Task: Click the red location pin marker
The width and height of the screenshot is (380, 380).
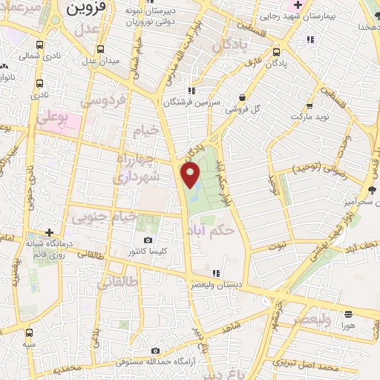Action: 191,175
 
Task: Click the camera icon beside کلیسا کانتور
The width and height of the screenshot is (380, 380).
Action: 148,240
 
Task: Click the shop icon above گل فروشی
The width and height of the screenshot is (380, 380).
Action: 243,96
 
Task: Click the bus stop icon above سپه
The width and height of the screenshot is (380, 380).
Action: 29,332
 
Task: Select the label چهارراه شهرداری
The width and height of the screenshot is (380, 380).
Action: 137,169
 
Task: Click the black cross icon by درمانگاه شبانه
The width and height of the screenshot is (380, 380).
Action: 50,232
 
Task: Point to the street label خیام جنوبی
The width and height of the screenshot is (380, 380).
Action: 103,217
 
